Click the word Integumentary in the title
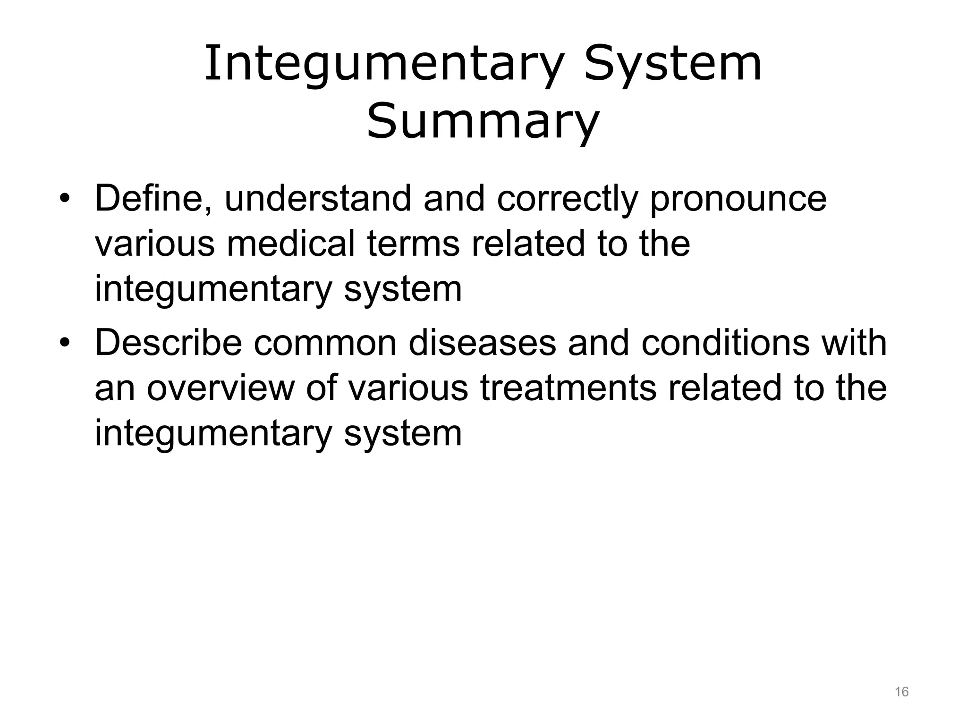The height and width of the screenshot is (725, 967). (383, 64)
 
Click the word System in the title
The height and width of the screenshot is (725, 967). (672, 64)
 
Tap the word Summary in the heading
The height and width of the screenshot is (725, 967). (483, 122)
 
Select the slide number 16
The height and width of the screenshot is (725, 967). (901, 692)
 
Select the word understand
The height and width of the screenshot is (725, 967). (318, 198)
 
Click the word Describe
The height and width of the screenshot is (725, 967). (168, 343)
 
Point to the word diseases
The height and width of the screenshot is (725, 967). (482, 343)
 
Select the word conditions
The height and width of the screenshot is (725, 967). (725, 343)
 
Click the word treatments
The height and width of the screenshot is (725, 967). (568, 388)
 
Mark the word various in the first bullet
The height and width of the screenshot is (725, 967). (154, 244)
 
